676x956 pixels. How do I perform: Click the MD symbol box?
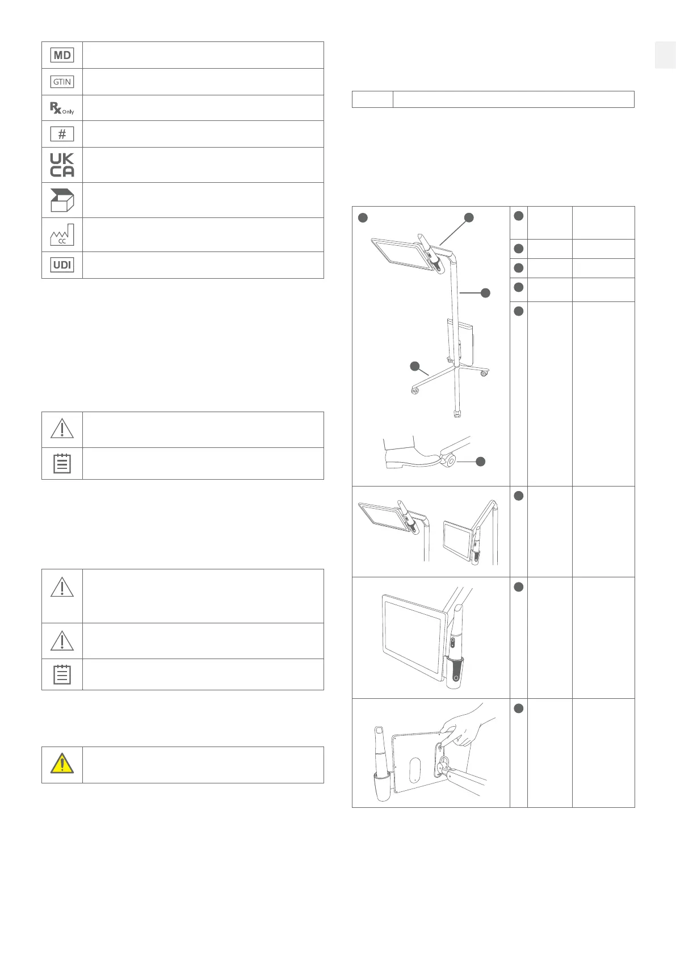62,55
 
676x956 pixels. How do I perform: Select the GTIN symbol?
62,82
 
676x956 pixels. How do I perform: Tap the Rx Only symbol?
62,108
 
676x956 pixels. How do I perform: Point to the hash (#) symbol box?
62,134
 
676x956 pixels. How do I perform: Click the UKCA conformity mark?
62,165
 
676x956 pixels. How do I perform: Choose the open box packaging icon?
62,200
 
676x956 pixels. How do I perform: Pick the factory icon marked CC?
62,234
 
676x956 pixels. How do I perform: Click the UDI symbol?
62,265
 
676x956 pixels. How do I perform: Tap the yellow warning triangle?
62,764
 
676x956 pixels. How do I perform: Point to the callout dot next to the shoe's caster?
480,462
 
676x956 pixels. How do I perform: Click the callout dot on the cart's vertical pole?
485,293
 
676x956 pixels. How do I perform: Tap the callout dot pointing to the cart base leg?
415,366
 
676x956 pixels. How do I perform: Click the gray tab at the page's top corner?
665,55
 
